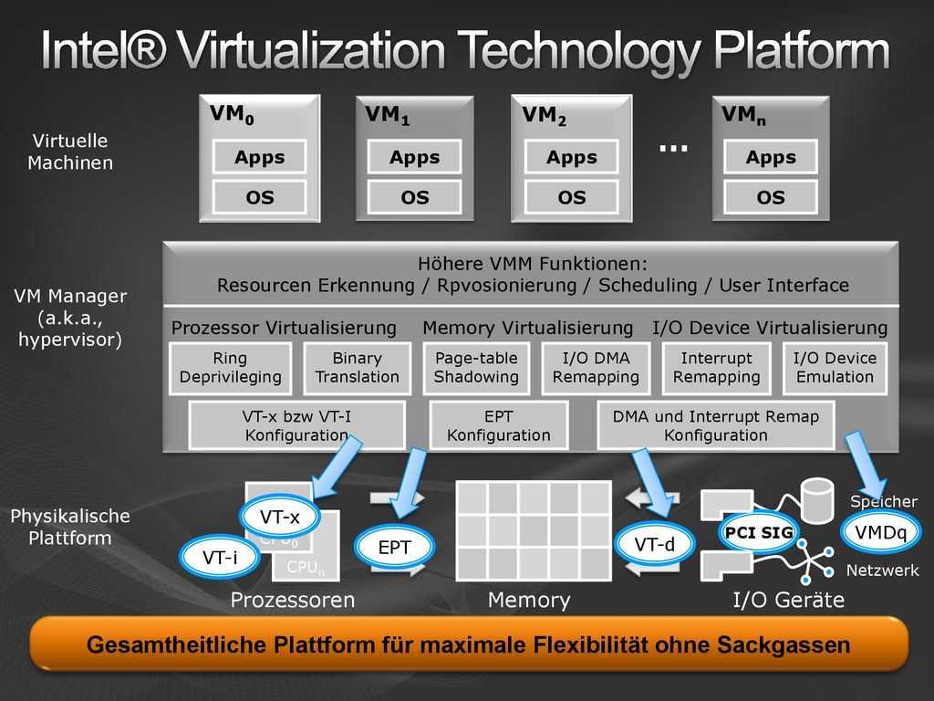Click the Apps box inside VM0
coord(260,157)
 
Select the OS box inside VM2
coord(571,197)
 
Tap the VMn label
coord(743,114)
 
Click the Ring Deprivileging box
coord(231,368)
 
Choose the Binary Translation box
coord(358,368)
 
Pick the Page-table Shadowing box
coord(476,368)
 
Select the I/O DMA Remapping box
coord(596,368)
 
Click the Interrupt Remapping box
coord(717,368)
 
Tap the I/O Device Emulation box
coord(835,368)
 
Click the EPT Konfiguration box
coord(499,425)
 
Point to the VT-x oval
coord(280,517)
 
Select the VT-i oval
coord(220,558)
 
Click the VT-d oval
coord(655,544)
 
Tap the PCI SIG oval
coord(759,532)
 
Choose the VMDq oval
coord(880,532)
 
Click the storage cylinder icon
coord(817,500)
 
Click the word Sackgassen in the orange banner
coord(784,645)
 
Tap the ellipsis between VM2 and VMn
coord(674,148)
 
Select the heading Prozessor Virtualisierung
coord(284,328)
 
